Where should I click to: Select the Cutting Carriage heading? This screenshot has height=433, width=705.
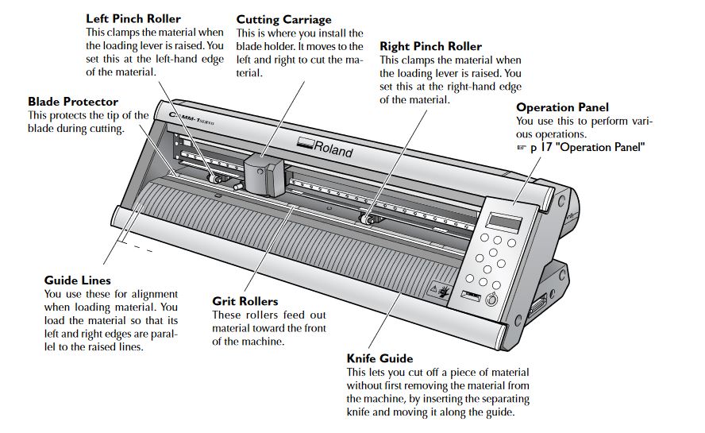284,19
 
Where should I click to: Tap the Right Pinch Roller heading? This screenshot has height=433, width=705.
430,46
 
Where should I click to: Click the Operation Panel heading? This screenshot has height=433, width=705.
562,107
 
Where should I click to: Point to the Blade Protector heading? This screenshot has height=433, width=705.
73,102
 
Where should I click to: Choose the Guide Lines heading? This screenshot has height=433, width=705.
78,280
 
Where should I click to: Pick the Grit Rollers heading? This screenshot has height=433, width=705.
245,301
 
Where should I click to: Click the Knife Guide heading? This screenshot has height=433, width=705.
379,358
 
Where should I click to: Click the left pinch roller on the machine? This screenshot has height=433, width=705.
215,180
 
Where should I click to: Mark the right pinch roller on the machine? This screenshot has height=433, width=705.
366,218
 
